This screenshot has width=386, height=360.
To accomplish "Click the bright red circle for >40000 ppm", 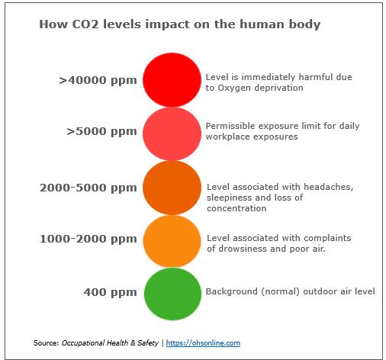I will pos(172,79).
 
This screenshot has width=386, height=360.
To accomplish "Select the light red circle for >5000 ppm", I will pos(172,133).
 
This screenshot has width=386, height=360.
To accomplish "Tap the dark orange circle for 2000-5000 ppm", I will pos(172,187).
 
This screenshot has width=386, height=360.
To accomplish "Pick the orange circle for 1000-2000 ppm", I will pos(172,240).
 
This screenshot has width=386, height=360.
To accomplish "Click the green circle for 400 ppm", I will pos(172,294).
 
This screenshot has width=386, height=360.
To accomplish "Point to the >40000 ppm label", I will pos(98,79).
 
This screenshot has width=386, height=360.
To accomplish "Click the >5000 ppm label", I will pos(101,131).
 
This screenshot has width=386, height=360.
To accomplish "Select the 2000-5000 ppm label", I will pos(88,187).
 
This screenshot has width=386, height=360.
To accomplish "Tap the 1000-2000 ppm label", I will pos(88,239).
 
